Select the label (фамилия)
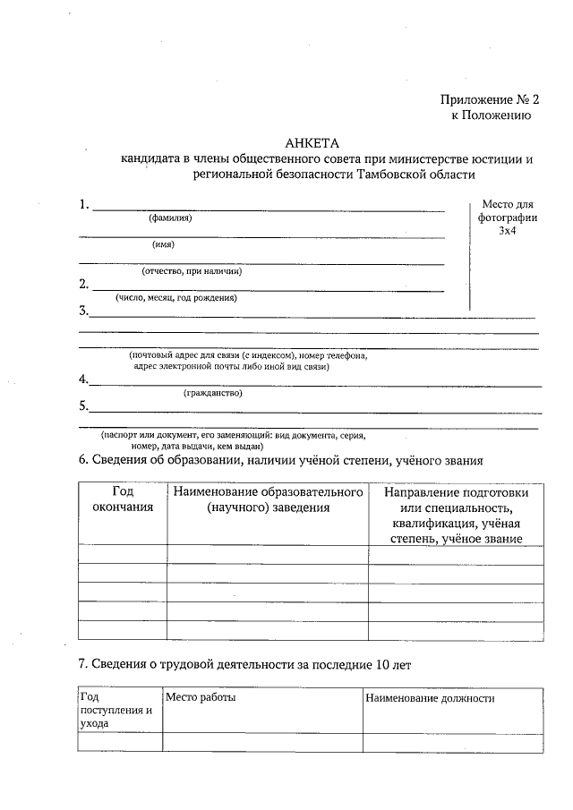coord(170,218)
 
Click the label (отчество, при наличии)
coord(192,271)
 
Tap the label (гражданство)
coord(213,393)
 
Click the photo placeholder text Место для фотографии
coord(508,211)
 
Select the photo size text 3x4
coord(508,231)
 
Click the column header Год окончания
coord(123,499)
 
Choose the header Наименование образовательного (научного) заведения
coord(267,499)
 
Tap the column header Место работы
coord(200,698)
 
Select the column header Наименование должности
coord(429,698)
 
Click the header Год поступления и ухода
coord(115,710)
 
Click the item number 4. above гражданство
coord(83,379)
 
